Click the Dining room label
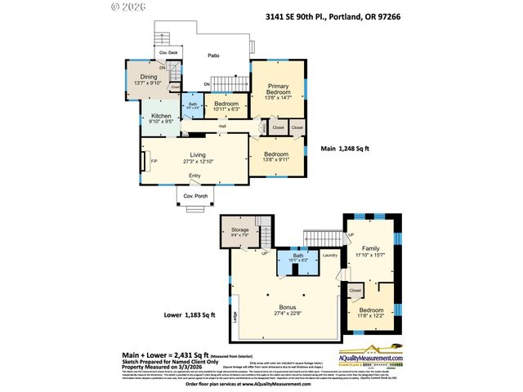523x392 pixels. pos(148,77)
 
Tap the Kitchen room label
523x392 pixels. pos(160,117)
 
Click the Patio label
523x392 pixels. pos(212,56)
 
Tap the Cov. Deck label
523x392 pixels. pos(168,52)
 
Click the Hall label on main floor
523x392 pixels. pos(222,127)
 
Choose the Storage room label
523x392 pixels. pos(239,230)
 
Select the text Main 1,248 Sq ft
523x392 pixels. pos(345,149)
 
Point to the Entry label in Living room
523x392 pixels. pos(194,176)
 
